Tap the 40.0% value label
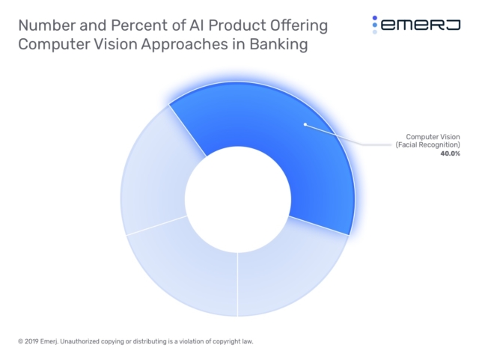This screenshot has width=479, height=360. tap(450, 153)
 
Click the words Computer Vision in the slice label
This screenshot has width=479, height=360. tap(433, 136)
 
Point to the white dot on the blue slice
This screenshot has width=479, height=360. tap(304, 124)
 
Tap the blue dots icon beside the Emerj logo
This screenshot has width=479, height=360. tap(375, 25)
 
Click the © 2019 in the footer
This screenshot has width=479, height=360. tap(31, 342)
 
